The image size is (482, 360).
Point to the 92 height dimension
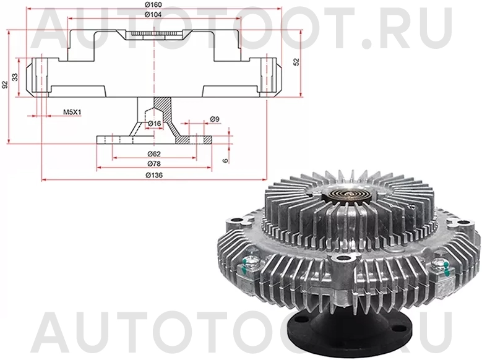click(5, 84)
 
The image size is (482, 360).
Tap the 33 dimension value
click(15, 76)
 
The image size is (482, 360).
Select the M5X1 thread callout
click(72, 113)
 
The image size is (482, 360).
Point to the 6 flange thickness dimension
click(226, 160)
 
